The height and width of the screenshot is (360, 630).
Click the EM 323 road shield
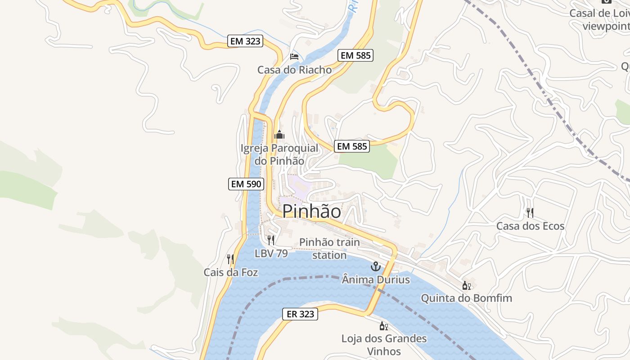245,41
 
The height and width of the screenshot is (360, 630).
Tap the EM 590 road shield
246,184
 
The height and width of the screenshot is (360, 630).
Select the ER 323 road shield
300,314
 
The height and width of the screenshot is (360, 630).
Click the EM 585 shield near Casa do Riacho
355,55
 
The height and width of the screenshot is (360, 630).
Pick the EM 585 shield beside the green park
352,146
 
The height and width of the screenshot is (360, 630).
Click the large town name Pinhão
311,211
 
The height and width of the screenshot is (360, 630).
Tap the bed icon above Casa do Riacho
294,57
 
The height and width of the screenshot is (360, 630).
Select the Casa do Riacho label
294,70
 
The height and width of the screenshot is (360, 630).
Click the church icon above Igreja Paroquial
279,135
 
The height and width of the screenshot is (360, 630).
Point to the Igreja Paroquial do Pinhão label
279,154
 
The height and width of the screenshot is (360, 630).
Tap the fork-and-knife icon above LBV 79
270,240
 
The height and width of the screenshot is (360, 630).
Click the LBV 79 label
271,253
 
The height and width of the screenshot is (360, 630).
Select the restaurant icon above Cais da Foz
230,259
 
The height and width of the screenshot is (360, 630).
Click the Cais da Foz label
231,272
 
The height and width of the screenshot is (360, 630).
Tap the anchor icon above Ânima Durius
375,267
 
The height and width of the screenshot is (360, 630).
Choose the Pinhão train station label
330,248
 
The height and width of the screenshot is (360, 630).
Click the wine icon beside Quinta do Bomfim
466,285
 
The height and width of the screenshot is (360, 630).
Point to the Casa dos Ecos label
530,226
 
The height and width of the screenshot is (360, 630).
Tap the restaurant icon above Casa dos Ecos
530,212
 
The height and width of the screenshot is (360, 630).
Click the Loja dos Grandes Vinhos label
384,344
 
